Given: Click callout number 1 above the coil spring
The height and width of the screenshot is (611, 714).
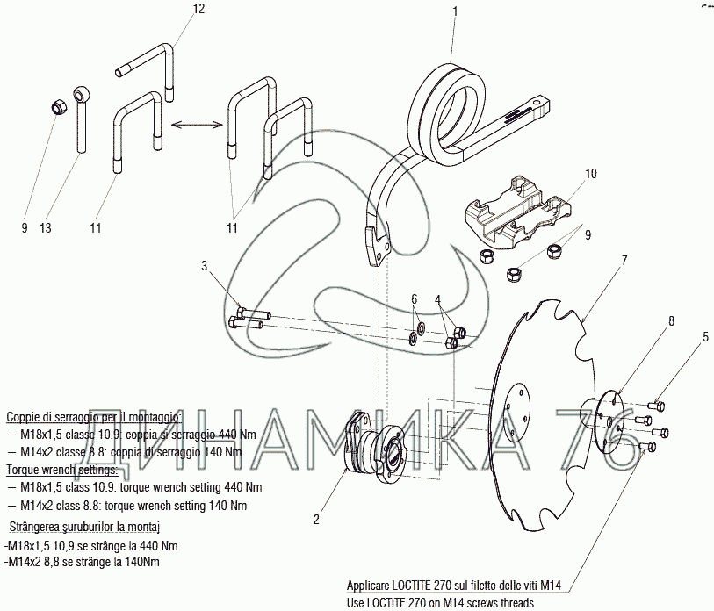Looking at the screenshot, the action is point(454,11).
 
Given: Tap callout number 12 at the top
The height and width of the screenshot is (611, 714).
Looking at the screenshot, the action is point(199,9).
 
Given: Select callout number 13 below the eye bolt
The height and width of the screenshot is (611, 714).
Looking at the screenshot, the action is point(46,227).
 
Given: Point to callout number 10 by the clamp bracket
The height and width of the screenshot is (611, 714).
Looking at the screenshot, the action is point(590,174).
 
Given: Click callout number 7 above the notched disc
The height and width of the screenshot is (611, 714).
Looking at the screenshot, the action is point(624,261).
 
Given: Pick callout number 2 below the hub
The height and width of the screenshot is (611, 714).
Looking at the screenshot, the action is point(316,519).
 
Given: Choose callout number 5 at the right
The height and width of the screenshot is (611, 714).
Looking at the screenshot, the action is point(705,337).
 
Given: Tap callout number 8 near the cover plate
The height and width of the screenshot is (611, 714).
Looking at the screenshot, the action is point(671,321).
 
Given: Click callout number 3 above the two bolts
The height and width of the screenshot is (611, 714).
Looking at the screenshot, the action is point(204,265).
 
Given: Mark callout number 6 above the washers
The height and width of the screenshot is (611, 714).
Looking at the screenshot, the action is point(414,299).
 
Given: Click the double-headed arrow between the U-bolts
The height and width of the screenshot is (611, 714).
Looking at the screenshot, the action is point(197,124).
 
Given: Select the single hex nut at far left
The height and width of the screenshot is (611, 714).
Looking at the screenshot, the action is point(58,108).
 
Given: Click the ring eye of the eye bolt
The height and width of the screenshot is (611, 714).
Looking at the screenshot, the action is point(82,94).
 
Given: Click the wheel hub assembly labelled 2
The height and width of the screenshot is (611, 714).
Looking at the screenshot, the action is point(373,449).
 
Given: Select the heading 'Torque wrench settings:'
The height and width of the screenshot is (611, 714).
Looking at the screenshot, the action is point(62,470).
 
